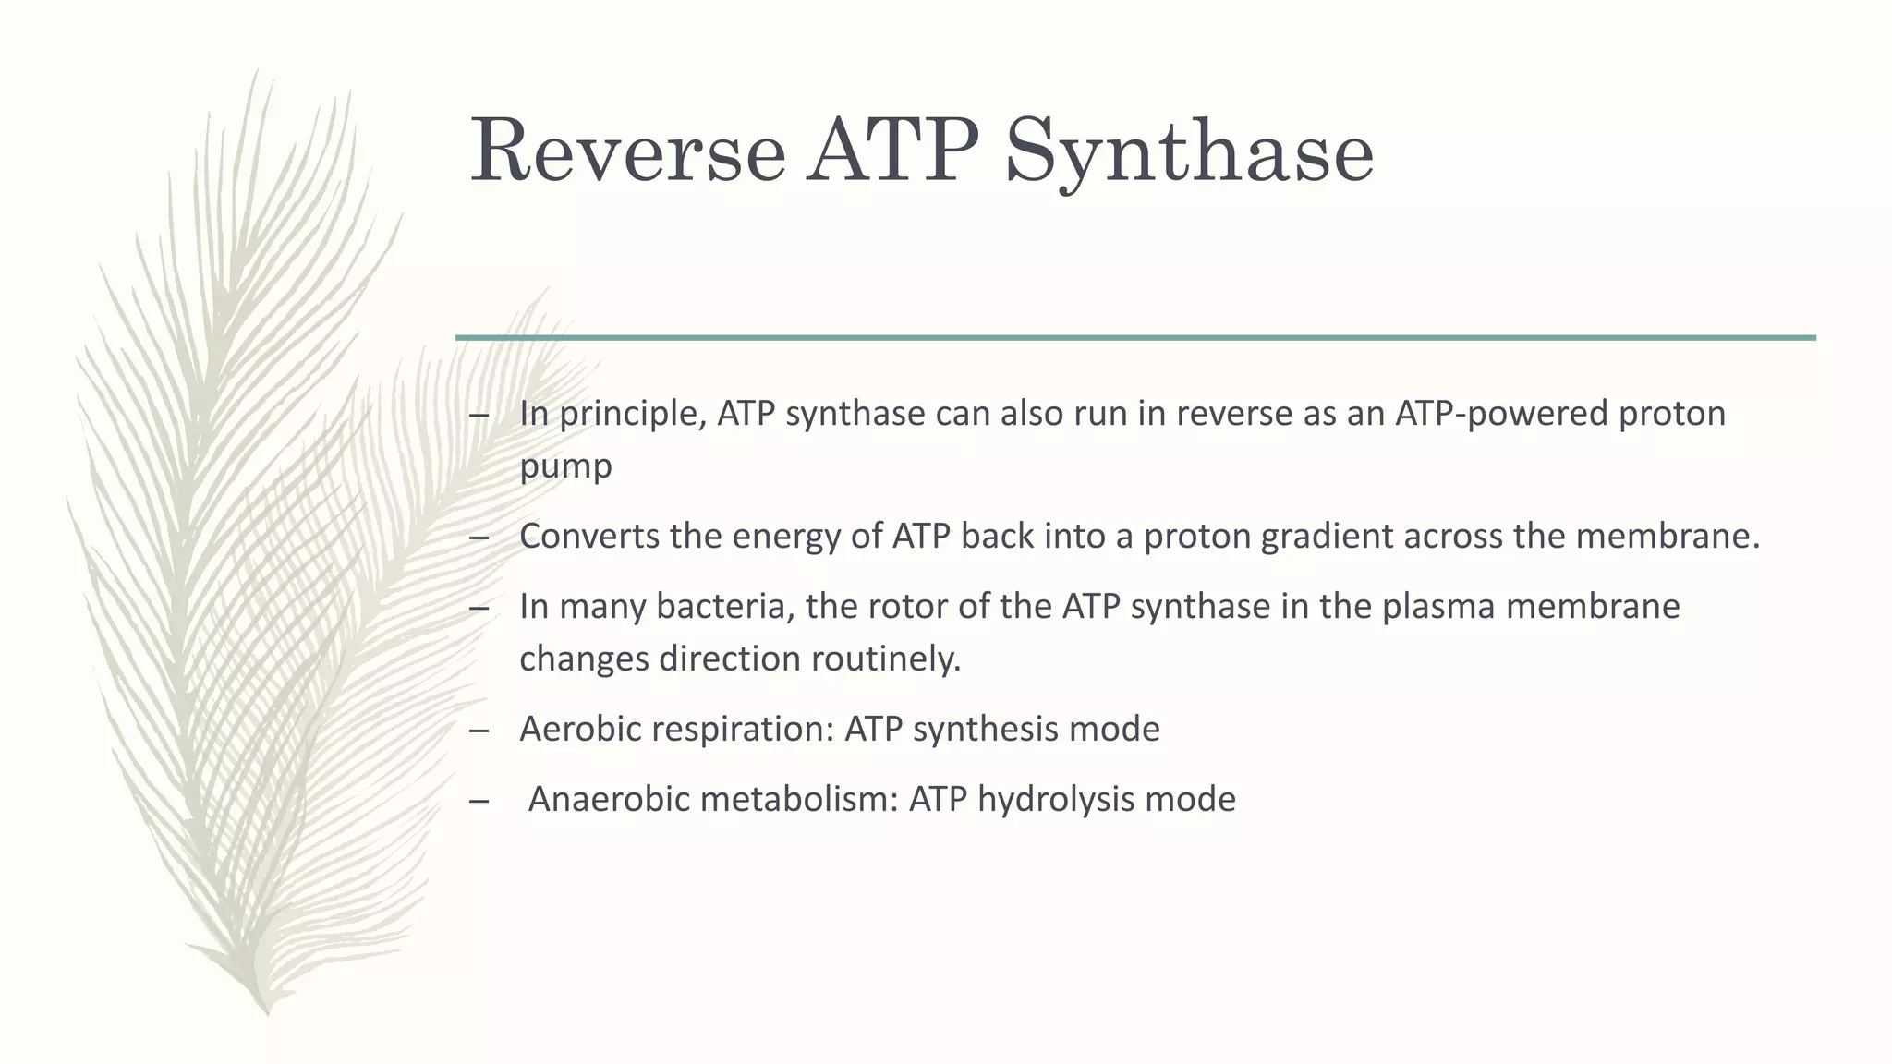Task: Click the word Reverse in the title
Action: [x=627, y=152]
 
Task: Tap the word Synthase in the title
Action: [x=1189, y=152]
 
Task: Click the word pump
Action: [x=565, y=465]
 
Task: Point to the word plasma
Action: [x=1438, y=607]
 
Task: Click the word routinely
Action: [x=886, y=659]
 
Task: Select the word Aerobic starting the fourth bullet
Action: [x=580, y=730]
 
